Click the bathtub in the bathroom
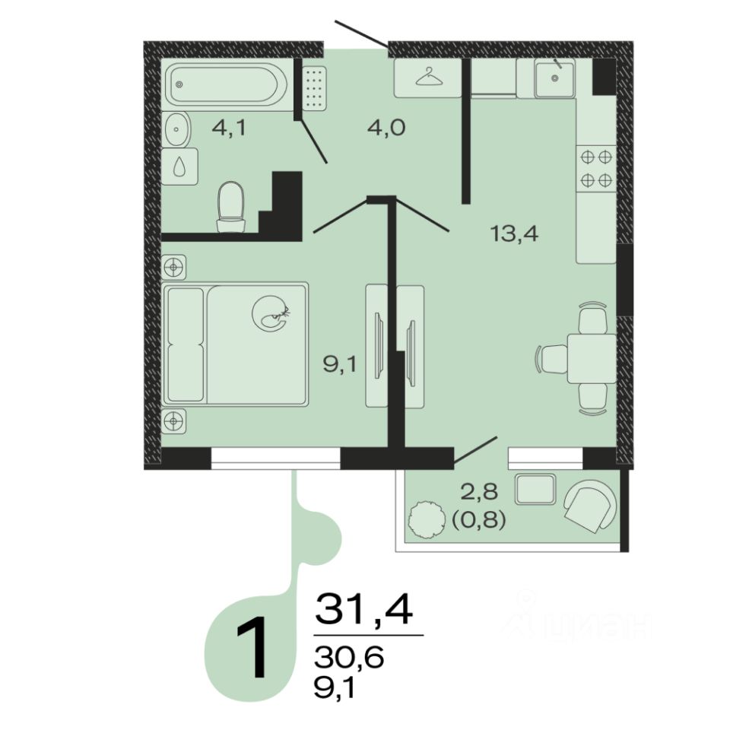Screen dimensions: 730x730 [x=227, y=84]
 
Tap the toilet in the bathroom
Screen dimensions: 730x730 [x=231, y=207]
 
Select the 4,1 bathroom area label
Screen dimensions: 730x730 [x=228, y=128]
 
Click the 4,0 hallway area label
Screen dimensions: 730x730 [x=386, y=127]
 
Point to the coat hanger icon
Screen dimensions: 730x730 [x=429, y=78]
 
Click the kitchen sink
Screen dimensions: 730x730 [x=554, y=78]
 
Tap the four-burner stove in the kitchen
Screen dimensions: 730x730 [x=596, y=169]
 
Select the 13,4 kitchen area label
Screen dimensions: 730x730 [x=514, y=233]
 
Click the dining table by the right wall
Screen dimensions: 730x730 [x=592, y=358]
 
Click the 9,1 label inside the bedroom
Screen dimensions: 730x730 [x=340, y=364]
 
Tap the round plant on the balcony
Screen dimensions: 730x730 [x=425, y=520]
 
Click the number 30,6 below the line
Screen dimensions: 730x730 [x=349, y=658]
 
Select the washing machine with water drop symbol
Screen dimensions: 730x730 [x=179, y=167]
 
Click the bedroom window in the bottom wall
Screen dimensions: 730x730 [x=275, y=458]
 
